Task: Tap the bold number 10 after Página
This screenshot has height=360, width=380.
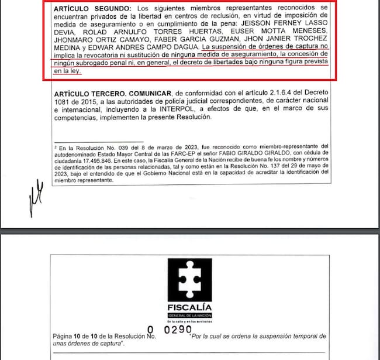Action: (82, 338)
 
